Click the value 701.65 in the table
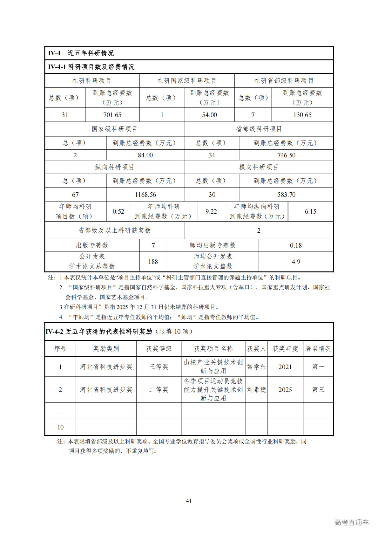(112, 115)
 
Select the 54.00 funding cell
(209, 115)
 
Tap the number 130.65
(302, 115)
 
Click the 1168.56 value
(145, 195)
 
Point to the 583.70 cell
(286, 195)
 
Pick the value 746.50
(286, 155)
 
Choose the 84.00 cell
(145, 155)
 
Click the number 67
(75, 195)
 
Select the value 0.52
(118, 211)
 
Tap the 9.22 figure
(211, 211)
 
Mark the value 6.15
(310, 211)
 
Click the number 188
(153, 262)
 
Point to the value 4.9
(296, 262)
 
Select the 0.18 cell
(296, 245)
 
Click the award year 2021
(285, 367)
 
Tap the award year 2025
(285, 390)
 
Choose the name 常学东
(256, 367)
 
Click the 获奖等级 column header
(159, 349)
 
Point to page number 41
(189, 501)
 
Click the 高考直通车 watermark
(351, 522)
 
